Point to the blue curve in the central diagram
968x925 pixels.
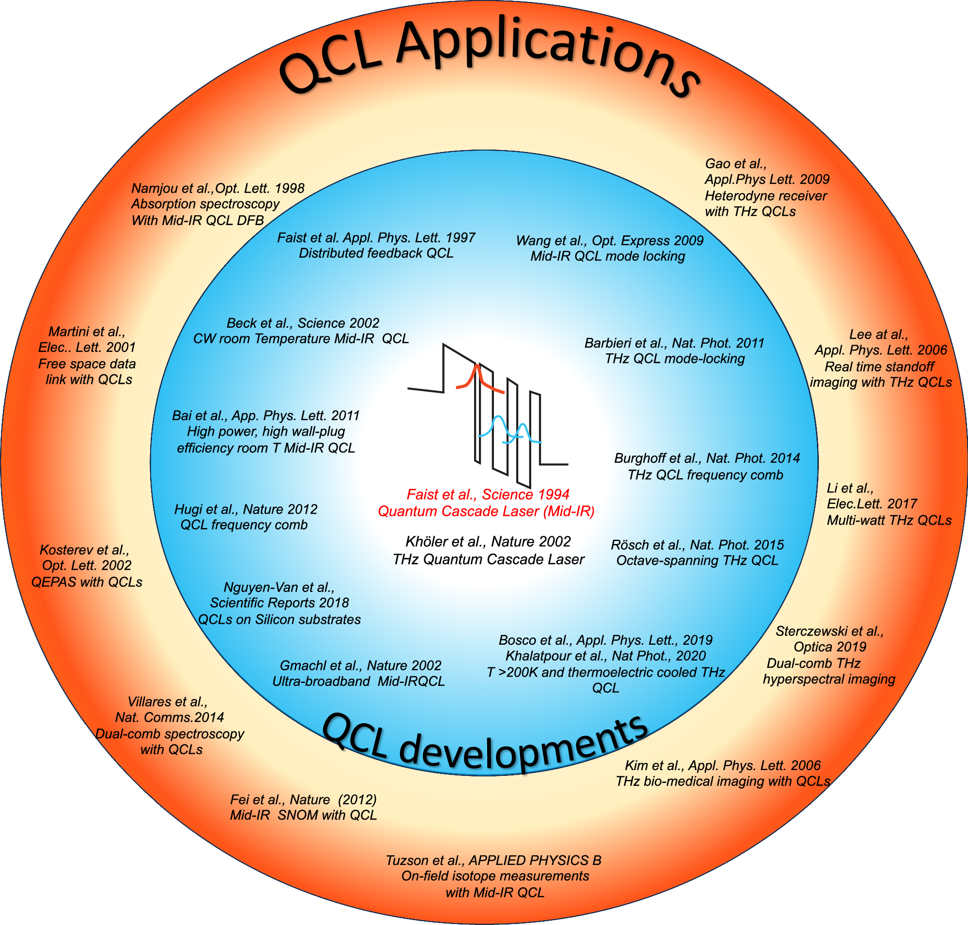click(498, 424)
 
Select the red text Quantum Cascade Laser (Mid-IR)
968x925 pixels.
click(486, 511)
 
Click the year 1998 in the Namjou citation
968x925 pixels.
click(290, 188)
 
